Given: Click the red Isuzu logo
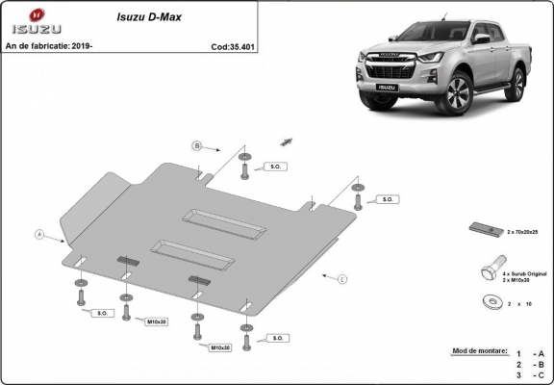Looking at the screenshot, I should (x=36, y=17).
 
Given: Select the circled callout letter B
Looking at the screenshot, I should (x=196, y=145).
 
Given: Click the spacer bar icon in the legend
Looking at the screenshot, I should (x=486, y=229).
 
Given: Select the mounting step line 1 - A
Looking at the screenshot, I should (x=528, y=354).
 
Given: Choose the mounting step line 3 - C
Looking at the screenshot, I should (x=528, y=377).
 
